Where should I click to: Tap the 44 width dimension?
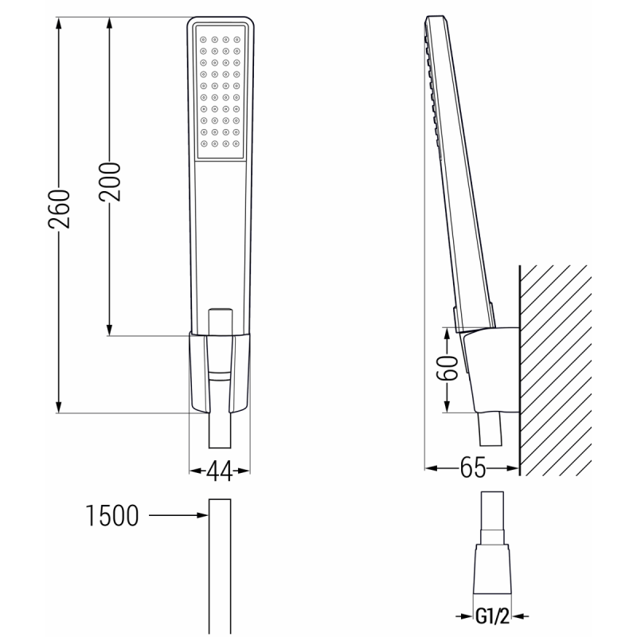(x=219, y=471)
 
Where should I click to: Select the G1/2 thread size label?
(x=494, y=616)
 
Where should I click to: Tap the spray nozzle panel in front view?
(x=220, y=92)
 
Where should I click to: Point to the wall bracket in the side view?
(x=487, y=366)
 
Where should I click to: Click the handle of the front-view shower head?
(x=220, y=239)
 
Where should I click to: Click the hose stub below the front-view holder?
(x=220, y=434)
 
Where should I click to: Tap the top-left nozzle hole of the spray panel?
(x=203, y=37)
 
